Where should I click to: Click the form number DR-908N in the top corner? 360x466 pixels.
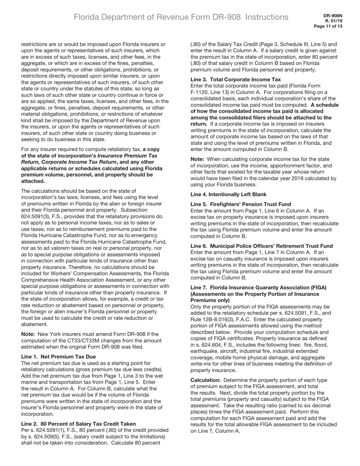point(333,16)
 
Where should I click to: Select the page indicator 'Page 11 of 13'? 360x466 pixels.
point(328,27)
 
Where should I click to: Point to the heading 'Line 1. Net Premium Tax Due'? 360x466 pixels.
point(58,357)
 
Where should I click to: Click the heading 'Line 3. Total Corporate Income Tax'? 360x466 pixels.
point(235,80)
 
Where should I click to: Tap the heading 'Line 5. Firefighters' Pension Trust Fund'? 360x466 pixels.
point(241,204)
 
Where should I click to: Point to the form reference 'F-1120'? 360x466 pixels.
point(199,92)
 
